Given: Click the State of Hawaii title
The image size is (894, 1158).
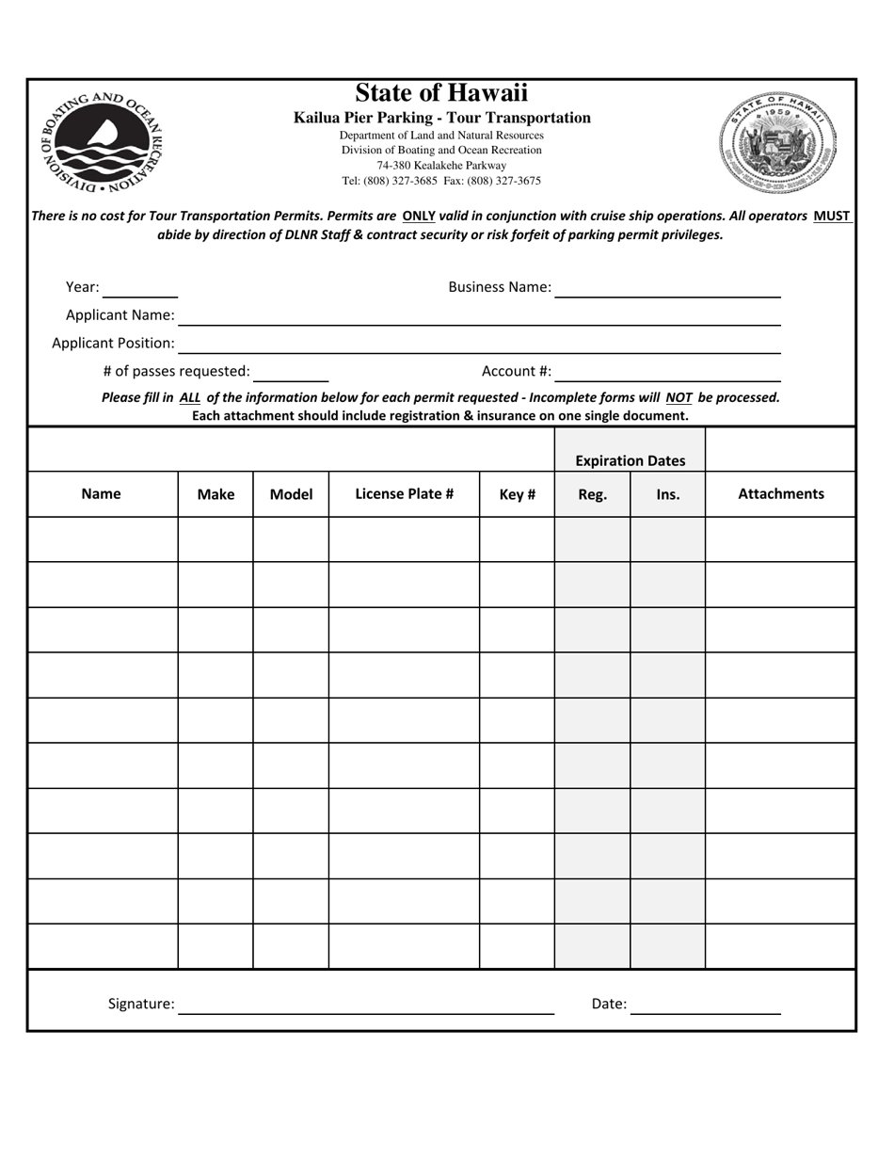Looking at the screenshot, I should (441, 93).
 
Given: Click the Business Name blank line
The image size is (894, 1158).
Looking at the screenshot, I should (667, 288).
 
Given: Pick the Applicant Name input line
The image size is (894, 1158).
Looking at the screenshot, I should (479, 316).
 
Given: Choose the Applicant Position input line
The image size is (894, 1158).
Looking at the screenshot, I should (479, 345).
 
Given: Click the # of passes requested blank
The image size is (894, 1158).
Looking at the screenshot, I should (291, 373).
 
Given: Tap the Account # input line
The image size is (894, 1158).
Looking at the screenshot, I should (667, 373).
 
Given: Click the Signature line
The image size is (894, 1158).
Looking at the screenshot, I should (366, 1005).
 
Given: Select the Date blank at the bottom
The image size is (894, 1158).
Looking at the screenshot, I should (705, 1005).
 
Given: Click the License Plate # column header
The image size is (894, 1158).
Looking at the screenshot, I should (404, 493).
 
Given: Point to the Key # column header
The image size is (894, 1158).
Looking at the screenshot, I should (517, 493).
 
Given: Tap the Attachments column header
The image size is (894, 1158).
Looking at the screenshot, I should (780, 493).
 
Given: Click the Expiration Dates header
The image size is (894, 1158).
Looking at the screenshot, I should (630, 460).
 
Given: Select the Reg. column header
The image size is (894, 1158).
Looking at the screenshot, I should (592, 493).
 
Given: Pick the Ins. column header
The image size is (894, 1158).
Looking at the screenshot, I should (667, 493).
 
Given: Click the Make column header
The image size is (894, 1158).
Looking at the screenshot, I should (216, 493).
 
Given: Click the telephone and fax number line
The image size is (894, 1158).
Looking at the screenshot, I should (441, 181).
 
